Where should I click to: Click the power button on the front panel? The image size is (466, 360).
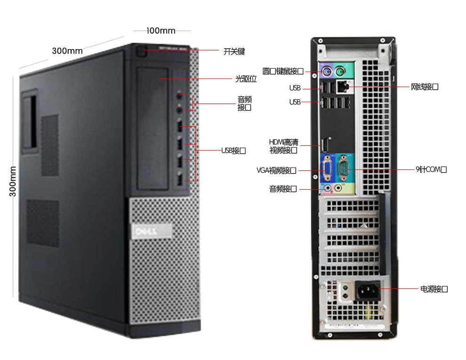[140, 51]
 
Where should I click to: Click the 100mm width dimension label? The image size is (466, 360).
[161, 31]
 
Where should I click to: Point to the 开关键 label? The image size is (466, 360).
[234, 51]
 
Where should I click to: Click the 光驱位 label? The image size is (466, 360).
[246, 79]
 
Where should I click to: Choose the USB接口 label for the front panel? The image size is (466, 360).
[233, 151]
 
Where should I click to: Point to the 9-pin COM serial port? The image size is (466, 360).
[343, 167]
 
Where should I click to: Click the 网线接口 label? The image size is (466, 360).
[425, 87]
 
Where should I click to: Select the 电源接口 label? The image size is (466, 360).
[434, 289]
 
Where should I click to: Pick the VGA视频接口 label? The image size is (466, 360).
[276, 170]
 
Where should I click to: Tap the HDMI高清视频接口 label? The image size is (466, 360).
[283, 146]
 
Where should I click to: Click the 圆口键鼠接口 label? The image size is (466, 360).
[282, 72]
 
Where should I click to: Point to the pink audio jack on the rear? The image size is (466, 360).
[327, 188]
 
